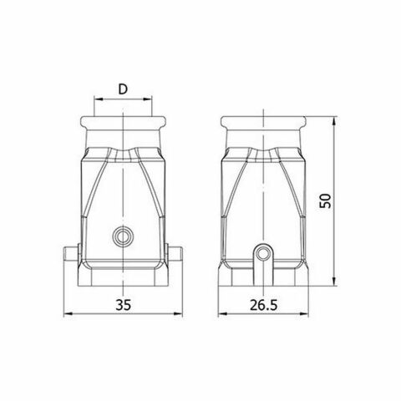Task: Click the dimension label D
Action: [124, 89]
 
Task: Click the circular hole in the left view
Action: [124, 236]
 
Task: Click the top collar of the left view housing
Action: [124, 127]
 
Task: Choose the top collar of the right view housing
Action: [264, 127]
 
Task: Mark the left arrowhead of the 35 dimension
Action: [67, 315]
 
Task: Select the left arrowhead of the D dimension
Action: [95, 101]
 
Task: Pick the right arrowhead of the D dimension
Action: [151, 101]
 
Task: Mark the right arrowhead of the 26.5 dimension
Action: [307, 315]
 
